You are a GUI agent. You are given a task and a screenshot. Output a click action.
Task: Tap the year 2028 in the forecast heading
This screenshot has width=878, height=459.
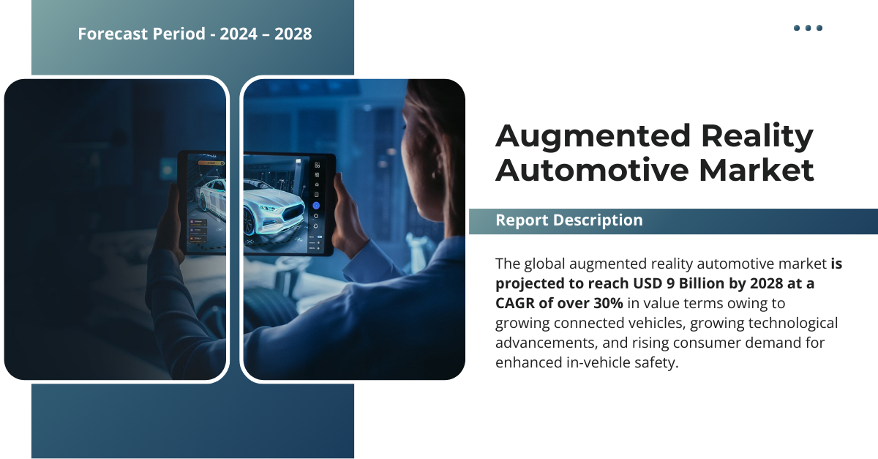click(293, 34)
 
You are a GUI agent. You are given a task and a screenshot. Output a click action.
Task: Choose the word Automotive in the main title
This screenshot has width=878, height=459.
click(592, 170)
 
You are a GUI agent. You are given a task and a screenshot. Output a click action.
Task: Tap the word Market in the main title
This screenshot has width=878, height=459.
click(757, 170)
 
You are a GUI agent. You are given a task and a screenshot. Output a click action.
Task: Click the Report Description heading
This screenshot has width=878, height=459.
click(569, 220)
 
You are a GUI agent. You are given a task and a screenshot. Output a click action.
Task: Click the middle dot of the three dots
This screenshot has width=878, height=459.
click(808, 28)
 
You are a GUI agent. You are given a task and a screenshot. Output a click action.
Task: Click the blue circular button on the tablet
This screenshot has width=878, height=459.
click(316, 206)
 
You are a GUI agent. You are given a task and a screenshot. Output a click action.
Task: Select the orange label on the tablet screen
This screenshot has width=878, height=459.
click(211, 163)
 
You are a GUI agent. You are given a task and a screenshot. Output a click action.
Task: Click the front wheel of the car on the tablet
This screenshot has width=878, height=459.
click(248, 222)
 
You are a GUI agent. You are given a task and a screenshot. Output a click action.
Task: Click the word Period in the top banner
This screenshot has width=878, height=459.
click(179, 34)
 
